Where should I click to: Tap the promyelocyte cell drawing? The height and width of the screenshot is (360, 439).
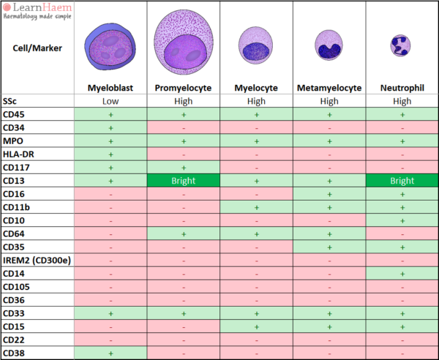point(183,45)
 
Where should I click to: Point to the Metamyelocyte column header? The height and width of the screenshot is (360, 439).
point(329,88)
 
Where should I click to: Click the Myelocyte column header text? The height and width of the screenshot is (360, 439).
point(256,88)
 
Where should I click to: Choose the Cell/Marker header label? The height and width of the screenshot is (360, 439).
point(37,48)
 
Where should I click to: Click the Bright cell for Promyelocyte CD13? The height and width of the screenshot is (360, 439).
point(183,180)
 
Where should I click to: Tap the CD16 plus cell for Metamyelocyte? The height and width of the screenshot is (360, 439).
point(329,193)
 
